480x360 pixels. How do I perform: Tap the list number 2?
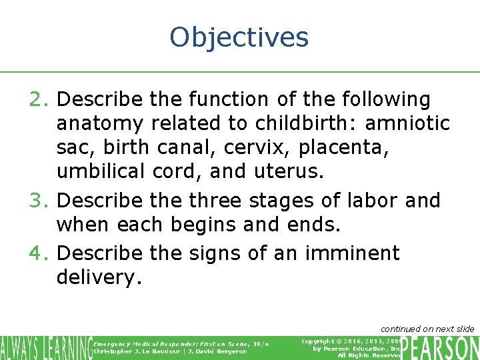[37, 100]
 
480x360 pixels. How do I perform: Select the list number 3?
[37, 201]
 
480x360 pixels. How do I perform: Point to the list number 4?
[37, 253]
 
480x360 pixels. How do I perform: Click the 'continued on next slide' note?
[427, 329]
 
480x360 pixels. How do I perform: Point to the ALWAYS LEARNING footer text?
[45, 347]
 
